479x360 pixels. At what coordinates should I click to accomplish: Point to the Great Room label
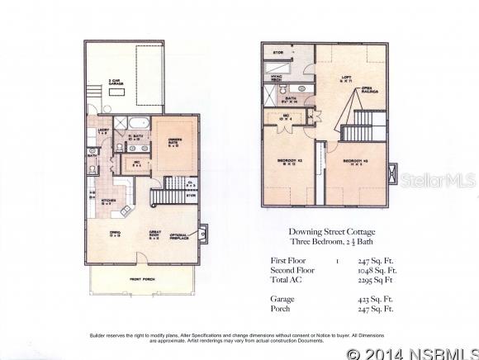point(155,234)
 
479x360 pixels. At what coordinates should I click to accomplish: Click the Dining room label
point(115,234)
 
